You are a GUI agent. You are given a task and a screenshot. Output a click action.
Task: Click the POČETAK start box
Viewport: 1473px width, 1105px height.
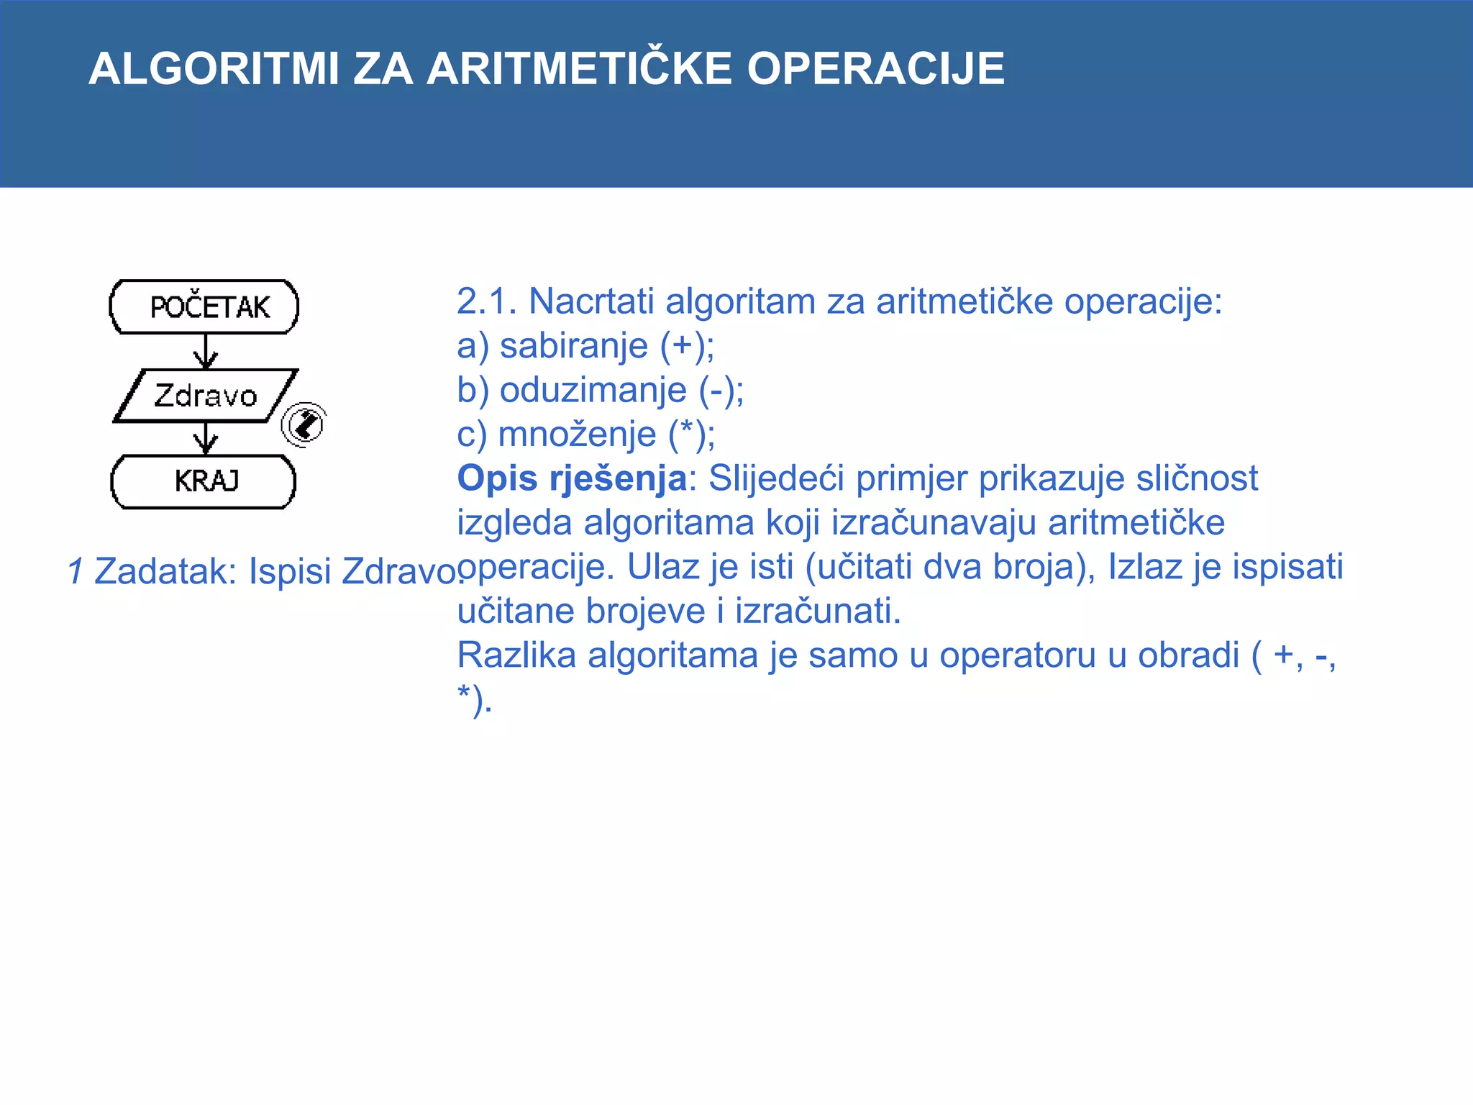[204, 307]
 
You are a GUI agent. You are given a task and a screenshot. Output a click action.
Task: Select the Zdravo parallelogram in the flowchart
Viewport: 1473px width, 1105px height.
[206, 396]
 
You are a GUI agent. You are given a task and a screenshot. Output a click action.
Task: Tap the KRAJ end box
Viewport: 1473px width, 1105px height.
[204, 481]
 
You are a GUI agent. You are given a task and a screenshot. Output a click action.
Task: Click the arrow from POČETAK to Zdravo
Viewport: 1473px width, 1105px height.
[206, 351]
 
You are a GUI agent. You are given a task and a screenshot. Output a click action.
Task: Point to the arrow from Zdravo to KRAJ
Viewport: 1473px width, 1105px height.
[206, 438]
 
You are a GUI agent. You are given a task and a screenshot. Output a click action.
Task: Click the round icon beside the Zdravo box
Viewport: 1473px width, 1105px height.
[304, 424]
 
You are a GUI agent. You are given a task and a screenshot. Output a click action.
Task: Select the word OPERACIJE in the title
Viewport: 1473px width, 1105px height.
[875, 69]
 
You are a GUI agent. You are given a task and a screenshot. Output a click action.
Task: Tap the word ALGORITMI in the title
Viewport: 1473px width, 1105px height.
[214, 69]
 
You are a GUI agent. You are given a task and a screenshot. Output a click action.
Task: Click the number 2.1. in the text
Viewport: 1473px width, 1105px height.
[487, 301]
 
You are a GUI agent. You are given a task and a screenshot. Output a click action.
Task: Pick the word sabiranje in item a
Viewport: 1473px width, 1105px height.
[573, 346]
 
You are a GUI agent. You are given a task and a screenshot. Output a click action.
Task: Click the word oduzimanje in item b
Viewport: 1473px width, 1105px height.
[593, 391]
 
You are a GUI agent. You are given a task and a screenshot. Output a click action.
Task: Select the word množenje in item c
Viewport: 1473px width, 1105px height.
[577, 435]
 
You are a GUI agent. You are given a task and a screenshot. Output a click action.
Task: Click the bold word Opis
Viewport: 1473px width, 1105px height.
[497, 479]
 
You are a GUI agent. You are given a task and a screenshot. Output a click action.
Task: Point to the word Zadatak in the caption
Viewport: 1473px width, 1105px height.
[165, 572]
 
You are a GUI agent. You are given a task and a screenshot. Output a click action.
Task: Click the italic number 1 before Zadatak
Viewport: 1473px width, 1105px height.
[75, 572]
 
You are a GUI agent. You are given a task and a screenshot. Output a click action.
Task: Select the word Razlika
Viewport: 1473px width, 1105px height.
[516, 655]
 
